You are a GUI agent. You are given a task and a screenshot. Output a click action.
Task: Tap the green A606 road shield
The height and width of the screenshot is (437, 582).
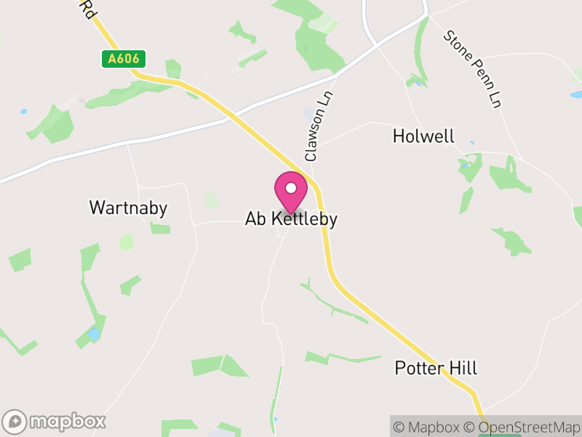click(x=124, y=59)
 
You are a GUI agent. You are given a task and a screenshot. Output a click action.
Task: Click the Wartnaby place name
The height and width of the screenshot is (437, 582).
click(x=128, y=208)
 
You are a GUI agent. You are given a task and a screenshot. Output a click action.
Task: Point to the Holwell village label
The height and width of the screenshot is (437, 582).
click(x=423, y=136)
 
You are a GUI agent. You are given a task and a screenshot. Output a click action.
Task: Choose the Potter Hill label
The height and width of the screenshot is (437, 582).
click(x=436, y=368)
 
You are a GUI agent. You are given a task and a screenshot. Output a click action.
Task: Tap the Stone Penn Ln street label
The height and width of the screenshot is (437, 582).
click(x=473, y=68)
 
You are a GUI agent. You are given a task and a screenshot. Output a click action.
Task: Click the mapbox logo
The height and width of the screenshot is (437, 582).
click(x=56, y=421)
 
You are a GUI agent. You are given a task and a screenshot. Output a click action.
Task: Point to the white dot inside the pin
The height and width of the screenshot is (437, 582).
click(x=291, y=188)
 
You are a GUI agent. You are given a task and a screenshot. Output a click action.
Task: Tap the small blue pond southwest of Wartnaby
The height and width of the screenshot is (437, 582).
click(x=94, y=334)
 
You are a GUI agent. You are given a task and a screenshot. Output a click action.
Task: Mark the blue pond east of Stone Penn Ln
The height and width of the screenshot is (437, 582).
click(x=575, y=95)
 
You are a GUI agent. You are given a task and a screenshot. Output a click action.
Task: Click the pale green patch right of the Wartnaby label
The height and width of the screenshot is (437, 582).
click(x=211, y=200)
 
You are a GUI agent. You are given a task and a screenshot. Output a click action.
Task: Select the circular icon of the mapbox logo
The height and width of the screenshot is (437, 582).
click(x=15, y=421)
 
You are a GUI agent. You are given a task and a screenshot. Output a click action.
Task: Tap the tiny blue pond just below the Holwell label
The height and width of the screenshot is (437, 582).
click(x=471, y=143)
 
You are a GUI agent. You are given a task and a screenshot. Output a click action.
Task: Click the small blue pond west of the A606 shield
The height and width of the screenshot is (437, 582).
click(x=24, y=111)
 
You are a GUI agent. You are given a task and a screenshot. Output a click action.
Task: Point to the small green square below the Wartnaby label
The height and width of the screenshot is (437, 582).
click(x=160, y=229)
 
